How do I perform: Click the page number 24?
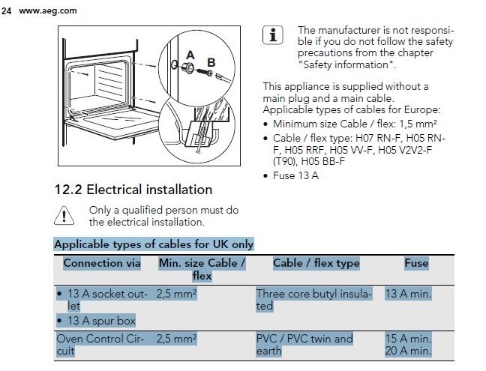tap(6, 10)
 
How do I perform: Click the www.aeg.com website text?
tap(48, 10)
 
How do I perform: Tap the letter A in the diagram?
tap(190, 55)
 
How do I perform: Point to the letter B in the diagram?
tap(211, 62)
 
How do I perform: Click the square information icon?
tap(273, 35)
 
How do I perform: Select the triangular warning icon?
tap(64, 216)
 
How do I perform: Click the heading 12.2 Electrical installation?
tap(133, 190)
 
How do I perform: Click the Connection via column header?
tap(102, 263)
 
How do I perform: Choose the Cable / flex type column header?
tap(316, 263)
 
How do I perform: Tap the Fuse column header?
tap(416, 263)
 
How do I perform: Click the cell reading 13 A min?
tap(408, 294)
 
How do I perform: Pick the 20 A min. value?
tap(408, 351)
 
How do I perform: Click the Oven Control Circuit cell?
tap(100, 345)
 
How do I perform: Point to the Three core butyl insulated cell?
tap(313, 300)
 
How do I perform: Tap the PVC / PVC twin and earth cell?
tap(304, 345)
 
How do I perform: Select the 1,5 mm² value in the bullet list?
tap(418, 124)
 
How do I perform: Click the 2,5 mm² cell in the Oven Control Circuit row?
tap(176, 339)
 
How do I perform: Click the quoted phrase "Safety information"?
tap(346, 64)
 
